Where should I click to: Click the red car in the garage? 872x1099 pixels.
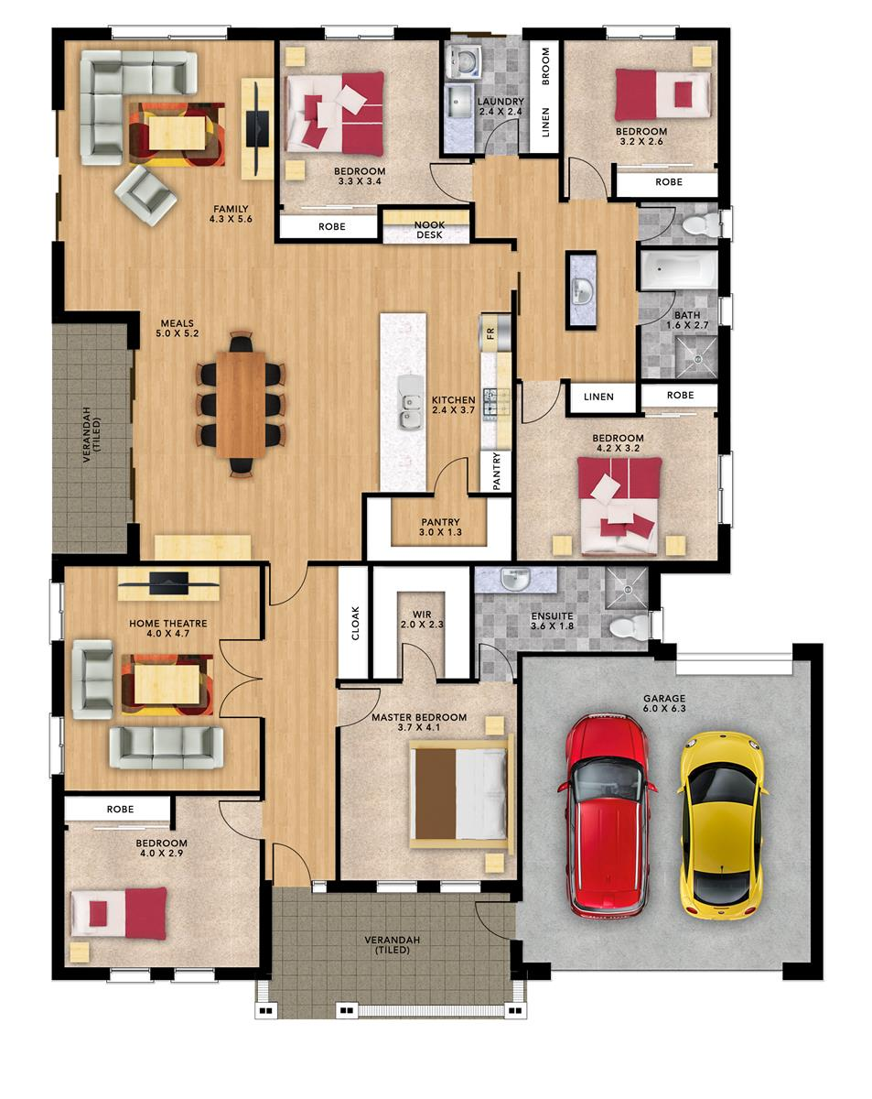608,813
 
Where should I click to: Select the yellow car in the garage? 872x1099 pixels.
721,824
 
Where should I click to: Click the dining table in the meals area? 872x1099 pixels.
242,404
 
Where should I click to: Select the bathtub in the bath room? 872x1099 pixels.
678,270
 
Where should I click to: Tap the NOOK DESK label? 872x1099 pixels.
428,230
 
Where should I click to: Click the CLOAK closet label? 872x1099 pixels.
355,623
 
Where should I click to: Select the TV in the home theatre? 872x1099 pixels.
167,579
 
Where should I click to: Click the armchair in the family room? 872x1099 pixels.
145,193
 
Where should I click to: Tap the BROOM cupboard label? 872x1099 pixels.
545,67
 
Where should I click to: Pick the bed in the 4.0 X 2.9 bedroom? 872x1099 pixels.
120,912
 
